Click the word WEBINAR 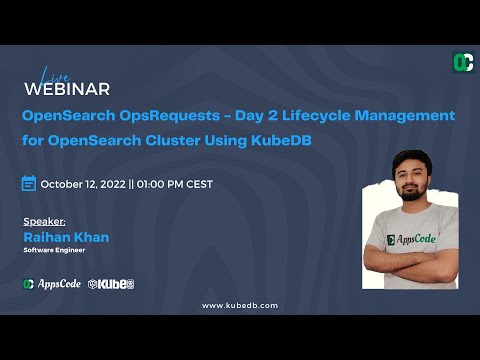pos(66,89)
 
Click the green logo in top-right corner pos(463,62)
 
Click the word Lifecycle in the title pos(310,116)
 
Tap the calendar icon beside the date pos(29,184)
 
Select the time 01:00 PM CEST pos(173,184)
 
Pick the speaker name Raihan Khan pos(65,237)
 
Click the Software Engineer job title pos(56,251)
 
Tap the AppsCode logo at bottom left pos(52,284)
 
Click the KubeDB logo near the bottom pos(111,284)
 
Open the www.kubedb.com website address pos(240,305)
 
